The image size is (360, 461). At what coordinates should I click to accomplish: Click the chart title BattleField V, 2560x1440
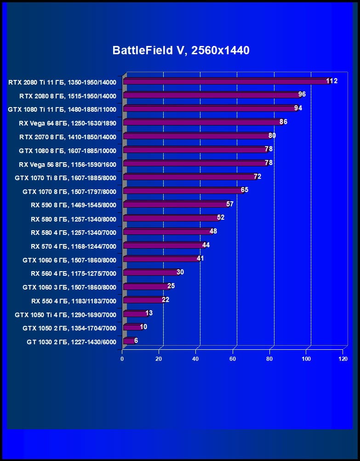pos(181,51)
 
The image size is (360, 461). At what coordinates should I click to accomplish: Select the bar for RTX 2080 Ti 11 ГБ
pos(225,82)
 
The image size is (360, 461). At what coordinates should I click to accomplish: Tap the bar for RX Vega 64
pos(202,123)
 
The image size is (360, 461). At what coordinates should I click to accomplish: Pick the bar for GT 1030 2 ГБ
pos(129,341)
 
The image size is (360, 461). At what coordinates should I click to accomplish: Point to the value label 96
pos(302,95)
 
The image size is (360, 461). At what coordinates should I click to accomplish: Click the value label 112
pos(332,81)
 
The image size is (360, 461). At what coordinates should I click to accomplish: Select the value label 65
pos(245,190)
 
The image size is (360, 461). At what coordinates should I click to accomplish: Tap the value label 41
pos(200,258)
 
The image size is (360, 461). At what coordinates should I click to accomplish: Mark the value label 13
pos(149,313)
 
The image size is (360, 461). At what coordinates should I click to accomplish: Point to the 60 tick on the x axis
pos(233,359)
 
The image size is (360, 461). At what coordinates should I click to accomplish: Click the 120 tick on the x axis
pos(343,359)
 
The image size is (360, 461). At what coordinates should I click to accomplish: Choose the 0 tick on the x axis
pos(122,359)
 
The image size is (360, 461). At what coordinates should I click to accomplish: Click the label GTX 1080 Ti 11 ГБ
pos(62,109)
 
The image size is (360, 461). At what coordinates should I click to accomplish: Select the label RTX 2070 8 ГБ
pos(68,137)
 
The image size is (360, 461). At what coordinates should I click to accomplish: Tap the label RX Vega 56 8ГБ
pos(68,164)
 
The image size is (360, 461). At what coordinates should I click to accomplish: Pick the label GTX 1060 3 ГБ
pos(69,287)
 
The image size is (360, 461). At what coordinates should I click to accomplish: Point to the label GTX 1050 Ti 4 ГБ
pos(65,315)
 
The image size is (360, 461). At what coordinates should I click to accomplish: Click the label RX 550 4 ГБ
pos(74,301)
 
